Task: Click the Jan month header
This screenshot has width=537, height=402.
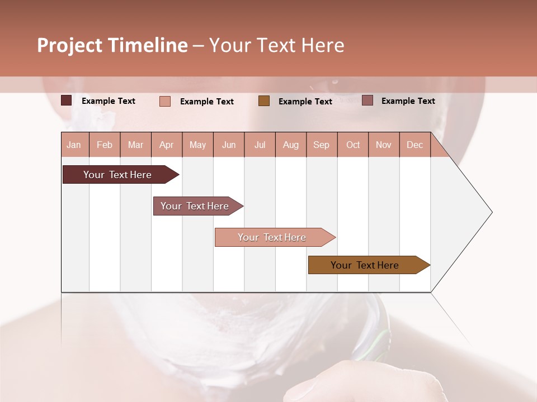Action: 74,145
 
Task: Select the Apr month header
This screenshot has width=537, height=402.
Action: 166,145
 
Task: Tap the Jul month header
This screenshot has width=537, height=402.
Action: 260,145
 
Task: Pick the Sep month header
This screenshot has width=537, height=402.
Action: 321,145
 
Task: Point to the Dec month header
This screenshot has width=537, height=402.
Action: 414,145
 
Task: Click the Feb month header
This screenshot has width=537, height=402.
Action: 105,145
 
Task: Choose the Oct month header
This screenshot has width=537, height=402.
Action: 353,145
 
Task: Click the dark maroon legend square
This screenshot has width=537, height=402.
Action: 67,100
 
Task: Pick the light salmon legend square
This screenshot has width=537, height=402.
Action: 165,101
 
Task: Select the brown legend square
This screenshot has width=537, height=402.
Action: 264,100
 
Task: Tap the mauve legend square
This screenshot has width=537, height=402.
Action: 368,100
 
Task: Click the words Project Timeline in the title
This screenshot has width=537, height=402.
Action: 112,45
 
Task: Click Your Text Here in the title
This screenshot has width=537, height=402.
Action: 277,45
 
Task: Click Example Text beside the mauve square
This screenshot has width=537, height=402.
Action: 408,101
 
